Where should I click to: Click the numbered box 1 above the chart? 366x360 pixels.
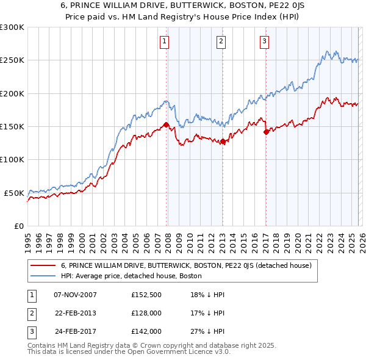[x=165, y=41]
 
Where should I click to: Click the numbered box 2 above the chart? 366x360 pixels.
[x=221, y=41]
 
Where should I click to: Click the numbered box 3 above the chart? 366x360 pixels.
[x=265, y=41]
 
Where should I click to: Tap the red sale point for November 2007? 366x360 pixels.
[x=166, y=125]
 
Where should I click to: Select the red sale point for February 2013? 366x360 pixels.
[x=223, y=142]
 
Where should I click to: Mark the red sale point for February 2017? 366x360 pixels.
[x=266, y=132]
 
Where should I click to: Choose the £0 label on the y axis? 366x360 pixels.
[x=18, y=226]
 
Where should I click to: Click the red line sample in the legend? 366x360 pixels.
[x=43, y=265]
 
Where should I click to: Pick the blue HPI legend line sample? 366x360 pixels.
[x=43, y=276]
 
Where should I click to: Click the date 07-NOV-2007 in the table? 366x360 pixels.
[x=75, y=295]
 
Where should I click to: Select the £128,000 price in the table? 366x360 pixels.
[x=146, y=313]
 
